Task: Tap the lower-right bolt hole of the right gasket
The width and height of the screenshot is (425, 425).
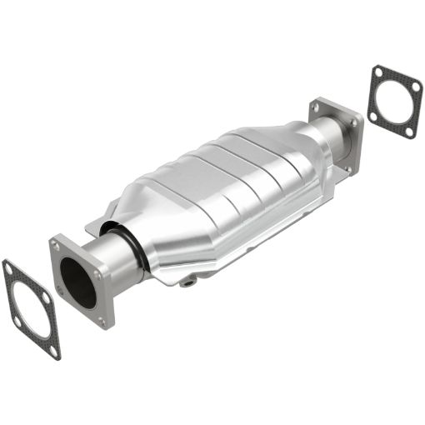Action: (408, 130)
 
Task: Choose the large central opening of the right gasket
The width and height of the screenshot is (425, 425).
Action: (392, 102)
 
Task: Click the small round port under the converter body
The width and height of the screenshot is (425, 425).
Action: (190, 282)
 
